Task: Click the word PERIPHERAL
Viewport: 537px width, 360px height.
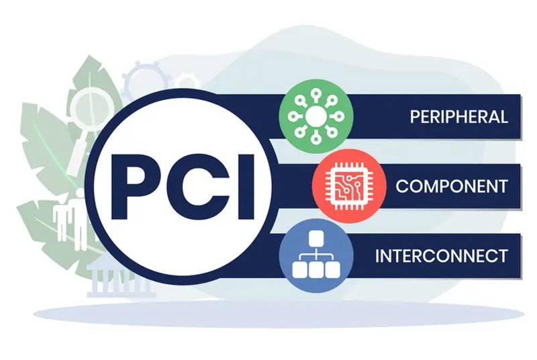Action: coord(458,116)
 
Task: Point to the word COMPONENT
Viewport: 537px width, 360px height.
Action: coord(451,186)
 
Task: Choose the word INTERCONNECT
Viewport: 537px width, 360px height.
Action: coord(441,255)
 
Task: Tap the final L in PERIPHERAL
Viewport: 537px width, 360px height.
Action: coord(503,116)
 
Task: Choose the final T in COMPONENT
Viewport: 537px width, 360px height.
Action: coord(502,186)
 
